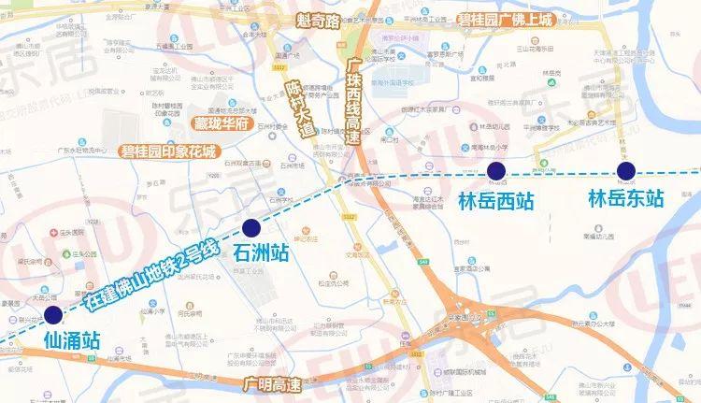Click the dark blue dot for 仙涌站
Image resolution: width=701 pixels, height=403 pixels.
pyautogui.click(x=54, y=314)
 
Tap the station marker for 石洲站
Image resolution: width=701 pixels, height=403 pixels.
pyautogui.click(x=250, y=227)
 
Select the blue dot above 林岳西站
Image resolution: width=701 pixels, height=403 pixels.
pyautogui.click(x=495, y=170)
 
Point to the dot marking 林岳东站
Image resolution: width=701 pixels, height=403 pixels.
pyautogui.click(x=625, y=169)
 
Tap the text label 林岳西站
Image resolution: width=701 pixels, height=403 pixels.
pyautogui.click(x=495, y=199)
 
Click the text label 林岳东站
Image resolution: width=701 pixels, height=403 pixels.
pyautogui.click(x=625, y=198)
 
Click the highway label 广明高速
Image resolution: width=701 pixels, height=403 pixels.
pyautogui.click(x=272, y=383)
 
